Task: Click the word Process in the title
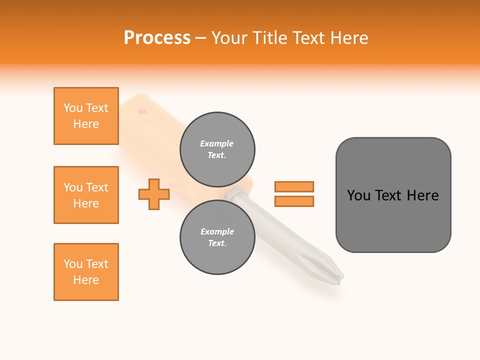157,38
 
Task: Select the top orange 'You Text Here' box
86,116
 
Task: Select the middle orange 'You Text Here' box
86,195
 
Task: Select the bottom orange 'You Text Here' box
86,272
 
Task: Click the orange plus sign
154,194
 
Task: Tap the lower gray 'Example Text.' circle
217,237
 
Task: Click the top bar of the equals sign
294,186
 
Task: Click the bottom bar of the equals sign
294,201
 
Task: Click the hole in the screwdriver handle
142,110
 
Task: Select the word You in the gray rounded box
358,195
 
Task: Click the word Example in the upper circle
217,143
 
